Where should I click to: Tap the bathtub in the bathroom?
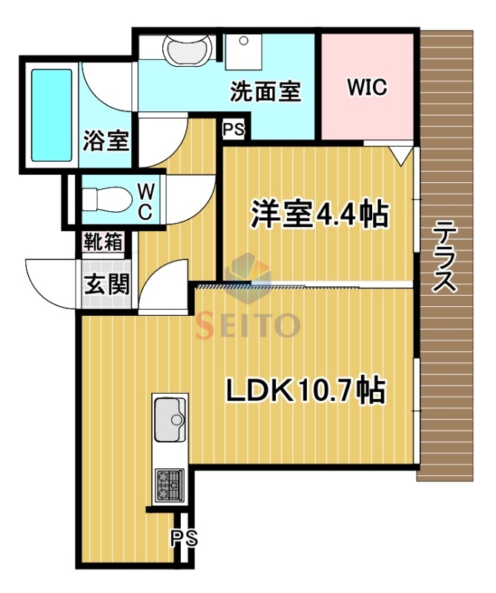pos(50,115)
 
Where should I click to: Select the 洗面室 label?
pos(265,92)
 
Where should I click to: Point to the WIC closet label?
pos(367,87)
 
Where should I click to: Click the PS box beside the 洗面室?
pos(234,129)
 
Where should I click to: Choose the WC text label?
pos(145,200)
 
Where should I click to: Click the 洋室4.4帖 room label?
pos(320,216)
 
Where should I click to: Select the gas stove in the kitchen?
pos(170,485)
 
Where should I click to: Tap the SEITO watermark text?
pos(248,325)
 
